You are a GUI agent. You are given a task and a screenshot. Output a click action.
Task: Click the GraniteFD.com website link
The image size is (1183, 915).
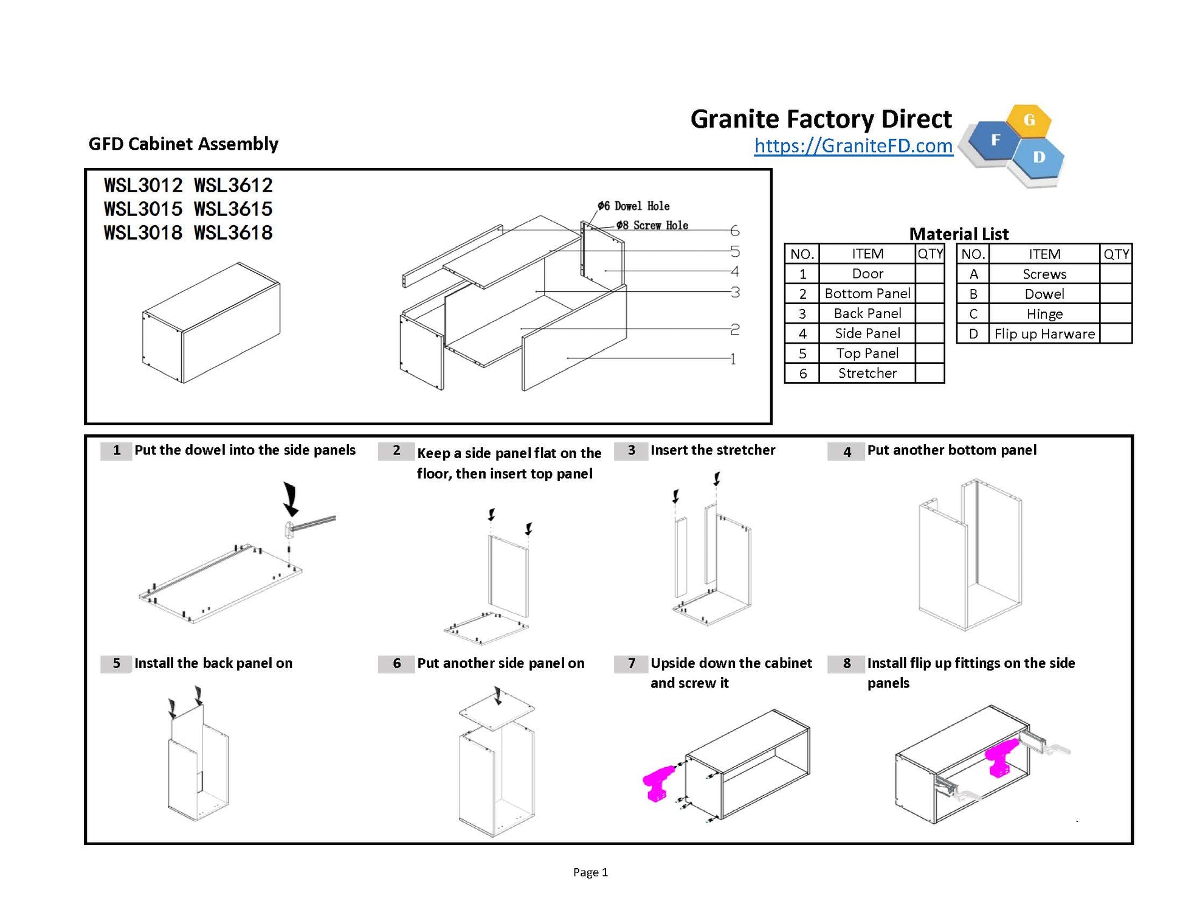pyautogui.click(x=853, y=146)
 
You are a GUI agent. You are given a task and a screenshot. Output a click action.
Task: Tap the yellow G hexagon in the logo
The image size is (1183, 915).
pyautogui.click(x=1029, y=120)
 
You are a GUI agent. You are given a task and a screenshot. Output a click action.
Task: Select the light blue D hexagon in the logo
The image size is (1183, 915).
pyautogui.click(x=1039, y=157)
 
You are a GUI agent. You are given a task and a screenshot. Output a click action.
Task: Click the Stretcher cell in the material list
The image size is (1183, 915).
pyautogui.click(x=867, y=373)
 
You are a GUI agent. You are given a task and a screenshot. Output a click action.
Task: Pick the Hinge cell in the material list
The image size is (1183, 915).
pyautogui.click(x=1044, y=314)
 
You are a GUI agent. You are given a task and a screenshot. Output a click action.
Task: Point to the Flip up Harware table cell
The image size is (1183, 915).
pyautogui.click(x=1044, y=334)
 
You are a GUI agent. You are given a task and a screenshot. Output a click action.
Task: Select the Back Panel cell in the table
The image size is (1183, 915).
pyautogui.click(x=867, y=313)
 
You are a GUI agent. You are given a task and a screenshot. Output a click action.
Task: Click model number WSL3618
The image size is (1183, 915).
pyautogui.click(x=233, y=232)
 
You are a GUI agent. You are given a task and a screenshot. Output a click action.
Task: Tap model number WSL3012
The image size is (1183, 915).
pyautogui.click(x=143, y=185)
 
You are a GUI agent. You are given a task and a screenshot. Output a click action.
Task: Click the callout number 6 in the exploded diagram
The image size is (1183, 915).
pyautogui.click(x=734, y=231)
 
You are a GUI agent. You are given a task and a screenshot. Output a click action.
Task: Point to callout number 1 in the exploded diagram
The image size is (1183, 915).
pyautogui.click(x=733, y=359)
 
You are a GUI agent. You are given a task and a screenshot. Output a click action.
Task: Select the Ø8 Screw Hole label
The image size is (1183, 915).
pyautogui.click(x=652, y=225)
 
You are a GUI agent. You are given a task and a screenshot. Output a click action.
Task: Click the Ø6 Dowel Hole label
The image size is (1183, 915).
pyautogui.click(x=633, y=206)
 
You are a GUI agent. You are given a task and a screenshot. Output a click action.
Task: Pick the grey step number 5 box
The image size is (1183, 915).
pyautogui.click(x=116, y=663)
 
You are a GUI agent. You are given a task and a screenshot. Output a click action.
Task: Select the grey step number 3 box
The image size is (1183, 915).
pyautogui.click(x=631, y=450)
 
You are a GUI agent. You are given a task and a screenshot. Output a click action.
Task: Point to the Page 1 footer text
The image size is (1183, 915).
pyautogui.click(x=590, y=872)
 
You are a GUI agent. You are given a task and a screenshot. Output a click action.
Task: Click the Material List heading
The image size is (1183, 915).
pyautogui.click(x=959, y=234)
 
